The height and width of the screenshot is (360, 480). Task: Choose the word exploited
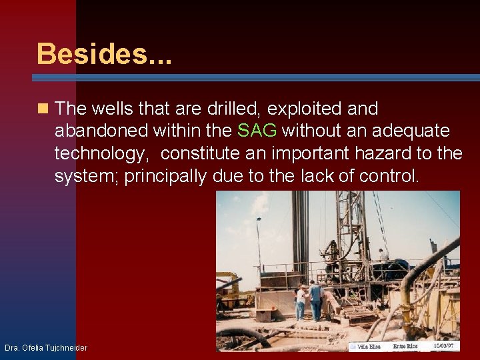click(x=295, y=109)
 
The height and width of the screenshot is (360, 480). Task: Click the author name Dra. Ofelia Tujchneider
click(x=45, y=347)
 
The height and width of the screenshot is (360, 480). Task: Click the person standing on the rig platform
click(x=383, y=257)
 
